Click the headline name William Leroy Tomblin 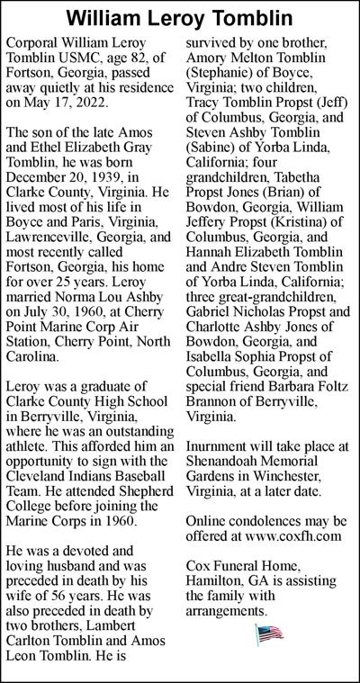tap(180, 17)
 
